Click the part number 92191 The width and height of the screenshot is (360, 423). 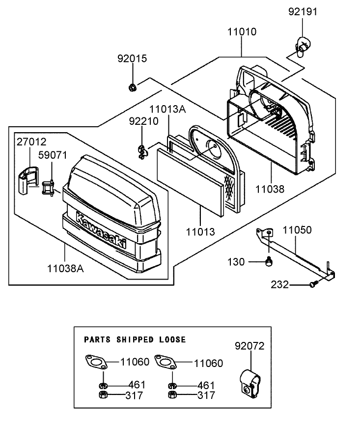303,11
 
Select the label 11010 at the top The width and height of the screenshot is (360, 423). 241,32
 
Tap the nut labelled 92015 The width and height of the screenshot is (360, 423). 132,87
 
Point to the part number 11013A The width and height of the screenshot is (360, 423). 167,109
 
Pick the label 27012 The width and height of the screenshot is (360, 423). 32,142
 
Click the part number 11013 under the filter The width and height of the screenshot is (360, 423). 200,230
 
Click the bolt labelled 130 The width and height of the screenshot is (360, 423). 269,262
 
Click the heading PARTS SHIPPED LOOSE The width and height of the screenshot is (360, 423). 135,339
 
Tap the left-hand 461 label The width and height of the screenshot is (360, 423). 137,385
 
